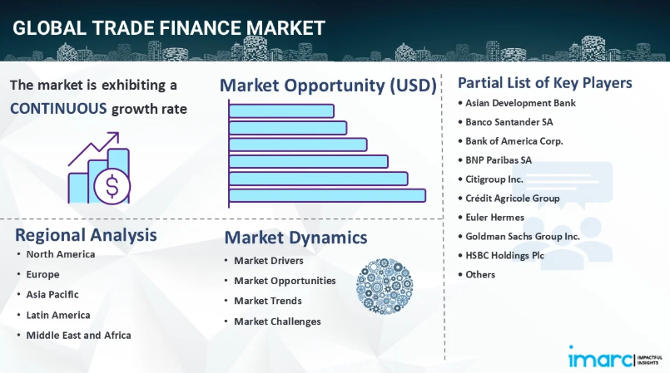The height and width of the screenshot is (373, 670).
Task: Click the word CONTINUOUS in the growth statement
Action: point(58,109)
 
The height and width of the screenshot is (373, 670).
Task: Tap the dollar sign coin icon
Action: point(112,186)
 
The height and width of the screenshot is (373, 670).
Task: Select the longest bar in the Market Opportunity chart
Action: point(327,195)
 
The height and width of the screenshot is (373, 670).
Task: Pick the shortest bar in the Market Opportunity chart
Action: point(281,110)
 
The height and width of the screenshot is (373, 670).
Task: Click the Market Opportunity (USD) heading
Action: point(328,86)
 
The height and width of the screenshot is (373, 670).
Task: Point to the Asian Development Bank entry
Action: point(520,103)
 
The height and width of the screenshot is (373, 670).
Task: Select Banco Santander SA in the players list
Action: point(509,122)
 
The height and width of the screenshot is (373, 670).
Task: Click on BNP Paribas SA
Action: point(499,160)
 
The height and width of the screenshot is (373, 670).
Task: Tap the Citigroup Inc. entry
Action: point(494,179)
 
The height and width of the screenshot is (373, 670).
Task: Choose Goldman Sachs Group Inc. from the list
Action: point(523,237)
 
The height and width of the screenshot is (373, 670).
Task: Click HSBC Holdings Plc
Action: point(504,255)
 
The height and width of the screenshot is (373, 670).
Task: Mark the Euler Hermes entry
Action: point(495,218)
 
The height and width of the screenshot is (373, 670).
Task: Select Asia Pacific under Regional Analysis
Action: point(52,295)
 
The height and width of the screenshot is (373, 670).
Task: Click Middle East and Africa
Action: point(78,336)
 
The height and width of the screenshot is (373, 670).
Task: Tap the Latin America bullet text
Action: point(58,315)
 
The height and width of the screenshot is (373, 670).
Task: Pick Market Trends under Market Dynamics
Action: point(268,301)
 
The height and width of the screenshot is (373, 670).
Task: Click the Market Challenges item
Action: point(277,321)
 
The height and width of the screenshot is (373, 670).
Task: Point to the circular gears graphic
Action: point(385,286)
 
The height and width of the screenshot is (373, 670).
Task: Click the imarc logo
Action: point(615,357)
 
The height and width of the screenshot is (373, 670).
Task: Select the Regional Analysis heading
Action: point(86,235)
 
